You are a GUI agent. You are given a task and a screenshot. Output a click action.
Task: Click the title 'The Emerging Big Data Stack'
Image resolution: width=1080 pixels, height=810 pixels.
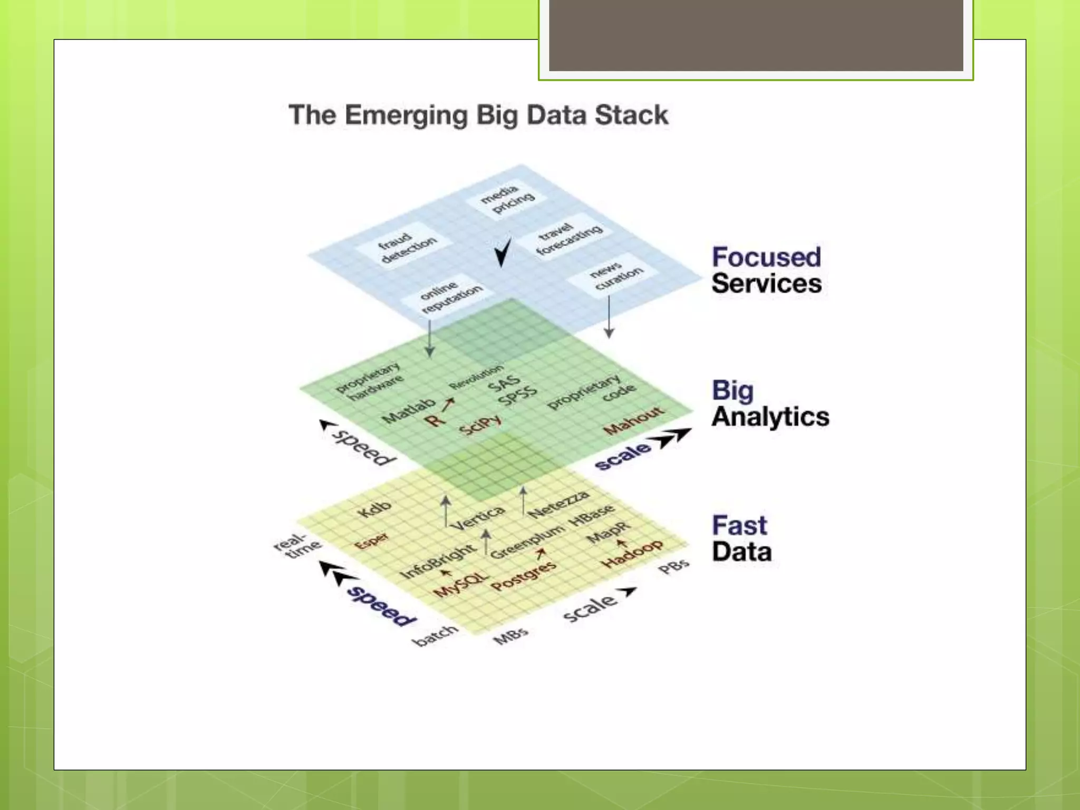tap(478, 115)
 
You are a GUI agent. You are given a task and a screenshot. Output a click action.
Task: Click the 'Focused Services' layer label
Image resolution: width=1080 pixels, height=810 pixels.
tap(766, 270)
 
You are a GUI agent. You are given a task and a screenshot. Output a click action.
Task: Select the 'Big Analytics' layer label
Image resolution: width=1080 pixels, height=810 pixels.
tap(770, 404)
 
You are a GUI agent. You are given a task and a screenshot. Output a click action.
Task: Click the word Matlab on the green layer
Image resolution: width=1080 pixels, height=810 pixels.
tap(409, 410)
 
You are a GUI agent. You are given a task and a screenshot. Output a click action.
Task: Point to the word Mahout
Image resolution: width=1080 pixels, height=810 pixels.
tap(633, 420)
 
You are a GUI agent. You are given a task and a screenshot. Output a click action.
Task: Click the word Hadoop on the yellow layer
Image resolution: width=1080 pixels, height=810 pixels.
tap(632, 554)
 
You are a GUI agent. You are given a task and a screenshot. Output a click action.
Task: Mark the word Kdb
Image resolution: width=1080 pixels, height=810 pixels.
tap(374, 508)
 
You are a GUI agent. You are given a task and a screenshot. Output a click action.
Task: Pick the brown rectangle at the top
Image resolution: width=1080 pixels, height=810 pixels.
tap(756, 35)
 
